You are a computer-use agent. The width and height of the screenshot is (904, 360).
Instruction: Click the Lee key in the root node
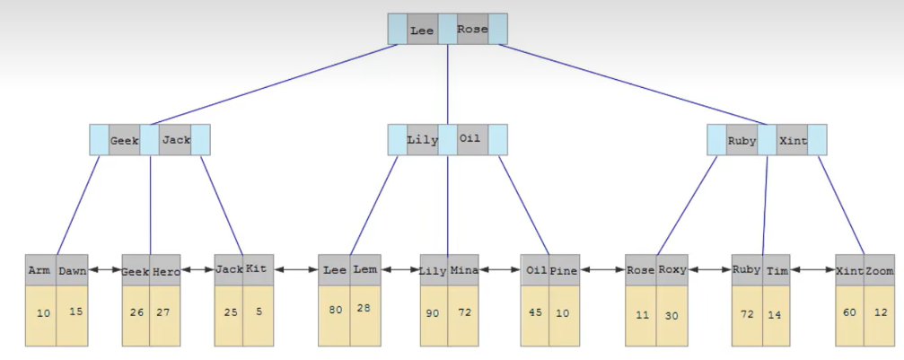(x=422, y=30)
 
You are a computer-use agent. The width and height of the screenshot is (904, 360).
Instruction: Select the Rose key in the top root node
(x=472, y=29)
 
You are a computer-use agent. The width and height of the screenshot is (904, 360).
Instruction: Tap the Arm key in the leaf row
(x=39, y=270)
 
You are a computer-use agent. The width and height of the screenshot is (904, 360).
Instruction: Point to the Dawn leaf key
(x=72, y=270)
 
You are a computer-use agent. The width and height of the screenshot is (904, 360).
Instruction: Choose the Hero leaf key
(x=166, y=271)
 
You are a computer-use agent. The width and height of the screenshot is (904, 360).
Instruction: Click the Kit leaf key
(x=256, y=269)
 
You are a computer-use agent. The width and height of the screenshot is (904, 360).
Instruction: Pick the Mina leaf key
(x=464, y=270)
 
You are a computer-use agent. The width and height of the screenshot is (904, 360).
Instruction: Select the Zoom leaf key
(x=881, y=270)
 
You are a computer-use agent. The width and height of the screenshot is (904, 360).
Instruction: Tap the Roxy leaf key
(x=671, y=269)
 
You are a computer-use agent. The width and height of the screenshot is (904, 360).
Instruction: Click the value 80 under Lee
(x=336, y=311)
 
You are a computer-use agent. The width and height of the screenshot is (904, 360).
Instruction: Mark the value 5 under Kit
(x=258, y=312)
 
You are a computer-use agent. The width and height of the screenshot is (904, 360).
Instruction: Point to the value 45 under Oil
(x=536, y=312)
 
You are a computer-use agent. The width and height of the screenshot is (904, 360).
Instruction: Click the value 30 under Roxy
(x=671, y=315)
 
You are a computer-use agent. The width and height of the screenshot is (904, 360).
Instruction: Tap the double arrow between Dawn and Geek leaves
(x=105, y=269)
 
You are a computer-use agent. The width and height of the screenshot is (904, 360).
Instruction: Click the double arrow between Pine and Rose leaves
(x=603, y=269)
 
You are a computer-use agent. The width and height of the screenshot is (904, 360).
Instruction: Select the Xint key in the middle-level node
(x=793, y=141)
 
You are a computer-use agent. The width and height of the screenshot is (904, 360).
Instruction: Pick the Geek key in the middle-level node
(x=124, y=141)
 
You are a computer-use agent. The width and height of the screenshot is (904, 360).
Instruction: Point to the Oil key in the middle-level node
(x=470, y=139)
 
